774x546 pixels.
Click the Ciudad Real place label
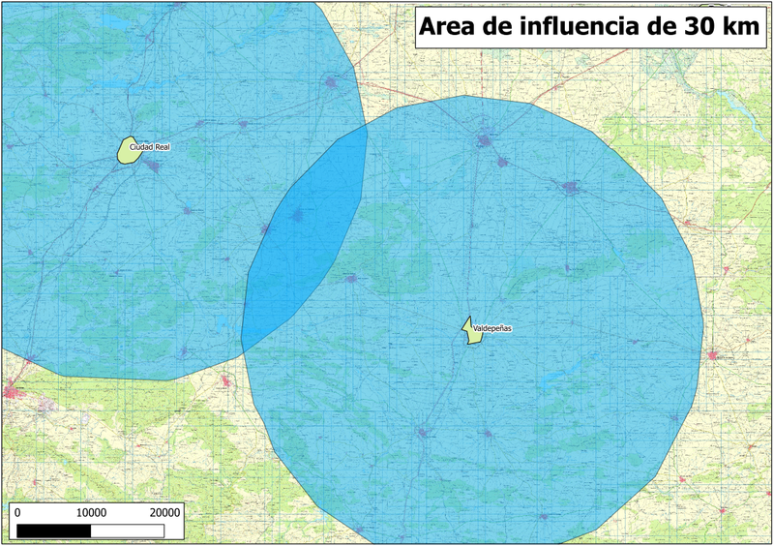pos(150,147)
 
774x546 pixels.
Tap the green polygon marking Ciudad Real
pos(129,150)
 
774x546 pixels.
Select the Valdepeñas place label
pos(491,329)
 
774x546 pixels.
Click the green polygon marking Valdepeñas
pos(469,331)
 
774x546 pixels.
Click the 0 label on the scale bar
pos(20,511)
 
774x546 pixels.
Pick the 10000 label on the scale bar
pos(91,511)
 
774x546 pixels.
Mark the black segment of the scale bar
pos(55,530)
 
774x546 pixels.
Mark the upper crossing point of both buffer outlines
pos(366,127)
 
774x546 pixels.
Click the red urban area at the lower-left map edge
pos(14,391)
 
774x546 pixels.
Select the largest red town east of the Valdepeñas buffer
pos(718,356)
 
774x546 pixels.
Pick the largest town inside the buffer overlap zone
pos(299,215)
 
